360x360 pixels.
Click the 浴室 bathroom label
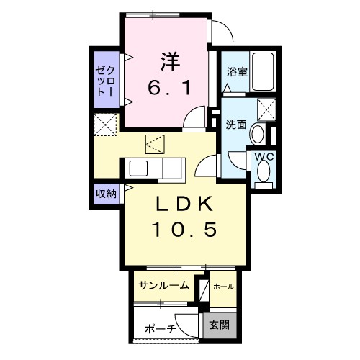coord(236,73)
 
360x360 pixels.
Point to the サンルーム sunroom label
coord(164,285)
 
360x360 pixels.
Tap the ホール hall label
coord(223,287)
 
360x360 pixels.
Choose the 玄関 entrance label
coord(220,325)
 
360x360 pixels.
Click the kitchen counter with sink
coord(156,168)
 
